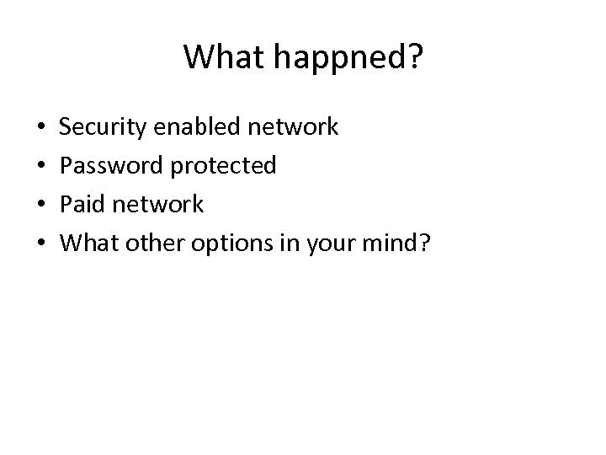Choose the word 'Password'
[x=114, y=166]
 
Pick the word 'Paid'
[x=84, y=205]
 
